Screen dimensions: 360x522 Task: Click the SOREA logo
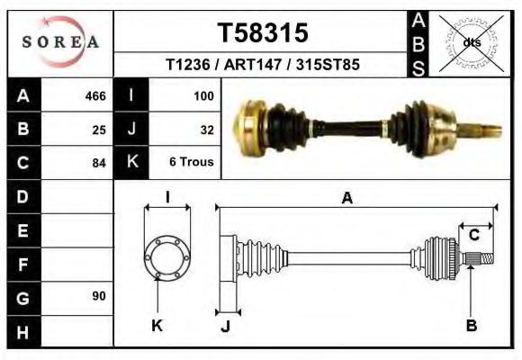click(60, 42)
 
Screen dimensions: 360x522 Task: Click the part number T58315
click(263, 33)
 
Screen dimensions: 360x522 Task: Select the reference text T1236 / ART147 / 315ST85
click(263, 66)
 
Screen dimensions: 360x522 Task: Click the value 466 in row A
click(94, 96)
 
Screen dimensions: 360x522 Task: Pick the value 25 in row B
click(98, 130)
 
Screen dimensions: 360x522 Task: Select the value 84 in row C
click(98, 163)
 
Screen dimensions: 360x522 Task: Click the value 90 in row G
click(98, 296)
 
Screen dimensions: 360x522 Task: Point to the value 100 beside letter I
click(202, 96)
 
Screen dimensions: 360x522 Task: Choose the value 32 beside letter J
click(206, 130)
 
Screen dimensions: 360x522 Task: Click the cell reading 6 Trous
click(191, 163)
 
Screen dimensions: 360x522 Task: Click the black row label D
click(23, 196)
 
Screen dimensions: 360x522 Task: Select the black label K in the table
click(132, 163)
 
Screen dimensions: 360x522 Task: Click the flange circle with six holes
click(167, 257)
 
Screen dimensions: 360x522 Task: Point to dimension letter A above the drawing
click(346, 200)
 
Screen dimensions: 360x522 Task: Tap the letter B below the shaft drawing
click(471, 325)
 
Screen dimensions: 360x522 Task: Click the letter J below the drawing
click(225, 326)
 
